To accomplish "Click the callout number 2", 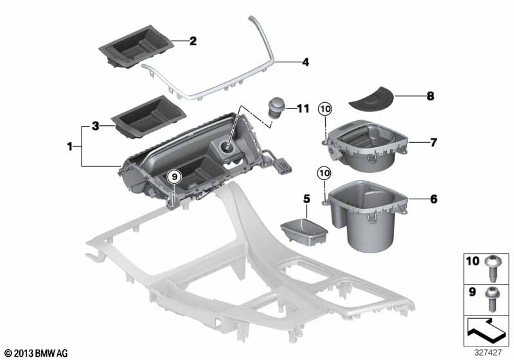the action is (193, 41).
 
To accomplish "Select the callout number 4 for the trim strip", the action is (305, 62).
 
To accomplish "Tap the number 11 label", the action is (303, 109).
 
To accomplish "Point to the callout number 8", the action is (430, 96).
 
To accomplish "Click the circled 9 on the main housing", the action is (174, 177).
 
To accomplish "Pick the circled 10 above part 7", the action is (325, 109).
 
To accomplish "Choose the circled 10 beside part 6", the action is (324, 173).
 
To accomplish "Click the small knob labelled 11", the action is (277, 107).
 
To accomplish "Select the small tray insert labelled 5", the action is (304, 231).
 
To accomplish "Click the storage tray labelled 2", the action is (136, 46).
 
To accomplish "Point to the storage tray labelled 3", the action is (148, 116).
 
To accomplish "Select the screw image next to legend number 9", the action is (492, 299).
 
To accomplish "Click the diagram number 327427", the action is (488, 352).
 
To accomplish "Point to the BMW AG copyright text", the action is (37, 353).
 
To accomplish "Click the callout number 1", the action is (69, 146).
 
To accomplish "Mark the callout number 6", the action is (434, 199).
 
